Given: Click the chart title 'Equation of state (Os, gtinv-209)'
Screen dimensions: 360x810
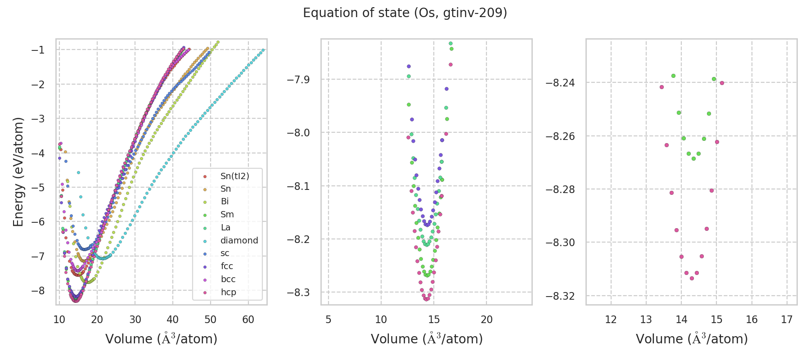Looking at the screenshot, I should pyautogui.click(x=405, y=13).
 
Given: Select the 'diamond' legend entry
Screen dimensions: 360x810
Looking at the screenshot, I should pyautogui.click(x=239, y=240).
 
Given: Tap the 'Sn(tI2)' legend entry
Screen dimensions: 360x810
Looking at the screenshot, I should pyautogui.click(x=234, y=176).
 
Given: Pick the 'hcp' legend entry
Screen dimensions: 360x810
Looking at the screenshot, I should pyautogui.click(x=228, y=292).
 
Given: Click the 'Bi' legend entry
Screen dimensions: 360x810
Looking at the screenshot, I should pyautogui.click(x=225, y=202).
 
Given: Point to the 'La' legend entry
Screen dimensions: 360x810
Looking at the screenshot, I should pyautogui.click(x=225, y=227).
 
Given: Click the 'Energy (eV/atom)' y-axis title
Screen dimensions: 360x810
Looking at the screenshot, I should pyautogui.click(x=18, y=171).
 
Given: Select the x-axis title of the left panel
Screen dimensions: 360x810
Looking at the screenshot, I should pyautogui.click(x=161, y=339).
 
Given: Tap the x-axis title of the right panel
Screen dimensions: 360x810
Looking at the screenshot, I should pyautogui.click(x=692, y=339).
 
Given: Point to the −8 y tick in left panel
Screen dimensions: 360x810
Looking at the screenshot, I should pyautogui.click(x=38, y=291).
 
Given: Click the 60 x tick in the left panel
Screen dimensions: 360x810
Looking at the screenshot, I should pyautogui.click(x=248, y=319).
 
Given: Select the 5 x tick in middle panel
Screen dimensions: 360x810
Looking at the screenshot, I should pyautogui.click(x=328, y=319).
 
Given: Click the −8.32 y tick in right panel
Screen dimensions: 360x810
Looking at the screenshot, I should pyautogui.click(x=560, y=296).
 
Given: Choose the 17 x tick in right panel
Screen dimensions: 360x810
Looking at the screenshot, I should pyautogui.click(x=787, y=319).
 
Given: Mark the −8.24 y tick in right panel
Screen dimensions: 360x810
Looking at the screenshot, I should pyautogui.click(x=560, y=83).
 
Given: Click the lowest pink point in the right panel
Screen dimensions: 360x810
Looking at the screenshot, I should pyautogui.click(x=692, y=278).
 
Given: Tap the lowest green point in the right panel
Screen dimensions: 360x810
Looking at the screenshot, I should pyautogui.click(x=693, y=158).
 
